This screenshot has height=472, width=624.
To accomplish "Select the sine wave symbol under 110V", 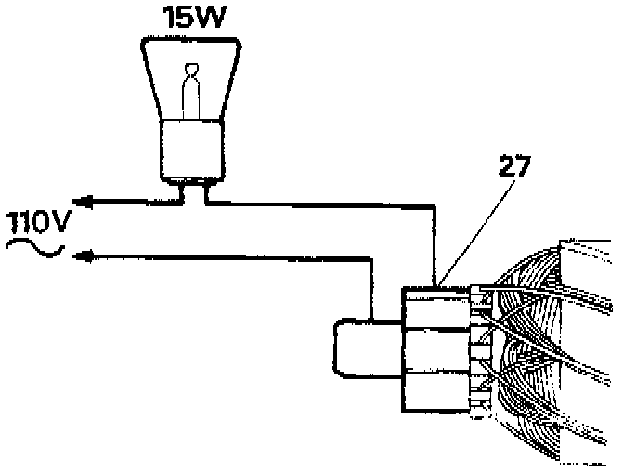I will [x=33, y=248].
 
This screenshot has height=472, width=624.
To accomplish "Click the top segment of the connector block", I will [x=435, y=307].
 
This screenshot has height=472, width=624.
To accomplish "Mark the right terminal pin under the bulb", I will [x=205, y=190].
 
